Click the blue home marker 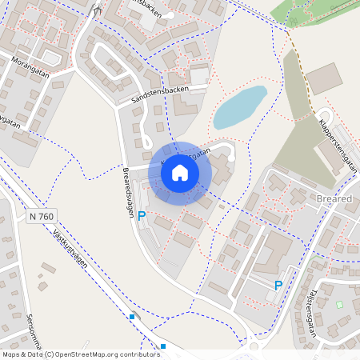tap(180, 172)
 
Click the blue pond tap(238, 107)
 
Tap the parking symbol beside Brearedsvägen tap(142, 216)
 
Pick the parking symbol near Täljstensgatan tap(278, 286)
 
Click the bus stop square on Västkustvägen tap(132, 318)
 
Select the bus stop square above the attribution tap(163, 346)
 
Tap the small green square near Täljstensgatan tap(339, 305)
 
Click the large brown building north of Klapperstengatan tap(323, 78)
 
